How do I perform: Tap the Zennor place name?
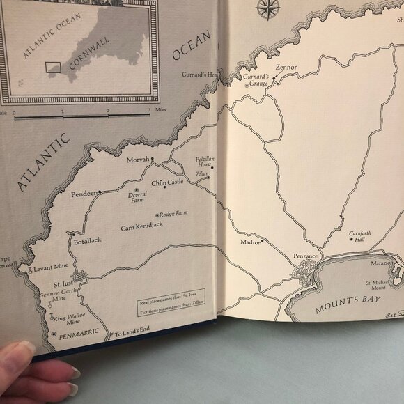[x=286, y=67]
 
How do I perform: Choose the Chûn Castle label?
[x=169, y=182]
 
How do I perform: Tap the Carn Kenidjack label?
[x=141, y=228]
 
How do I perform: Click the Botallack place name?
[x=87, y=240]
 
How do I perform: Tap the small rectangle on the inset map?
[x=54, y=67]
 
